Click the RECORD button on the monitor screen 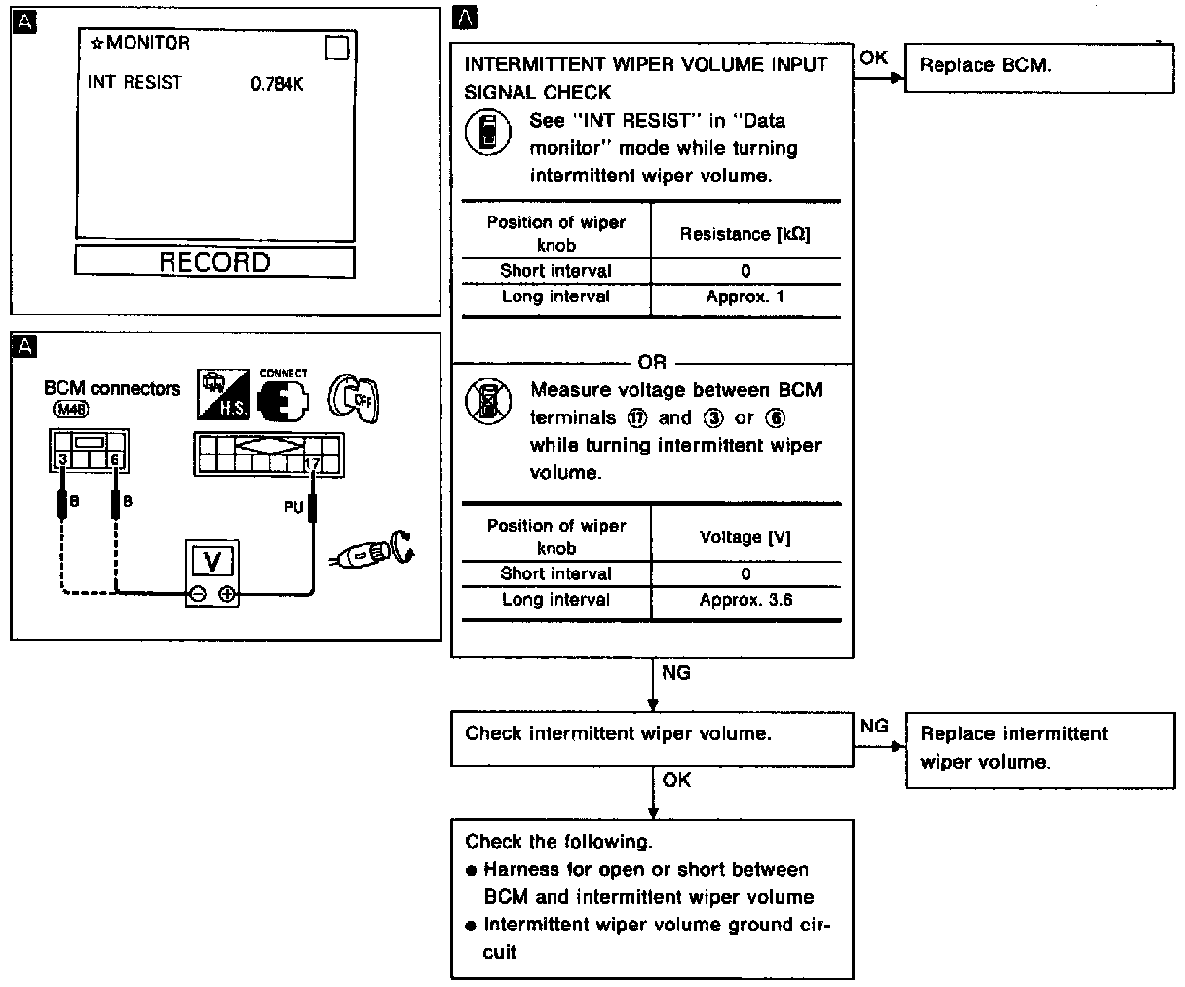click(214, 262)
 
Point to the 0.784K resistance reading click(277, 84)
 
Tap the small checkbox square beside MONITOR click(336, 48)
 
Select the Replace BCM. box click(1039, 67)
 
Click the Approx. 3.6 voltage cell click(745, 600)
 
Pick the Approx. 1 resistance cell click(745, 296)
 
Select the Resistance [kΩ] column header click(745, 234)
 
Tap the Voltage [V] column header click(745, 537)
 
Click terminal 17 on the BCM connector click(313, 466)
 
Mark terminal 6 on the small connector click(115, 458)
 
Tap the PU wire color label click(293, 507)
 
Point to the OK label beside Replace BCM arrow click(873, 58)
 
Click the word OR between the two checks click(652, 362)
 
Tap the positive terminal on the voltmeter click(227, 593)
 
